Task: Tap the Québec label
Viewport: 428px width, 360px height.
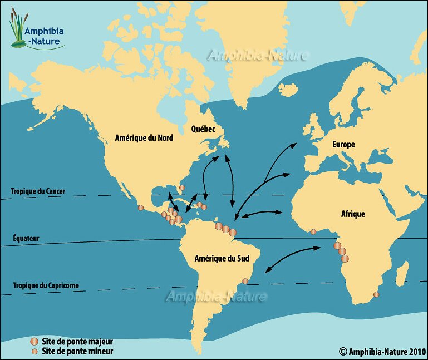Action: tap(204, 129)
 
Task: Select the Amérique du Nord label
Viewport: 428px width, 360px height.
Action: tap(144, 137)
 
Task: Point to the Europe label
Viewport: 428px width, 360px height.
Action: tap(343, 145)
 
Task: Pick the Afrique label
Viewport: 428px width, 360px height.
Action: tap(353, 214)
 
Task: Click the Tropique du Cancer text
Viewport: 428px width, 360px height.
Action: tap(38, 191)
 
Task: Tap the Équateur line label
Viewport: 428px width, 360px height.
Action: tap(26, 238)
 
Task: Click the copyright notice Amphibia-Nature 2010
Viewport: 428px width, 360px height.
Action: tap(382, 351)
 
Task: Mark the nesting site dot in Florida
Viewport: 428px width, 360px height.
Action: tap(181, 188)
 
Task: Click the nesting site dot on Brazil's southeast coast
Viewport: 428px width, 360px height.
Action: tap(245, 281)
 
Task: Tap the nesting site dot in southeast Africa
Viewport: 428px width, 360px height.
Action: tap(376, 294)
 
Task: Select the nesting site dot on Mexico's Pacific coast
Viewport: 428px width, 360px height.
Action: tap(140, 208)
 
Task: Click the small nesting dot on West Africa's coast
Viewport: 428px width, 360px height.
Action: tap(313, 231)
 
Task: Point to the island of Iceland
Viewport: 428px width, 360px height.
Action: tap(288, 89)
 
